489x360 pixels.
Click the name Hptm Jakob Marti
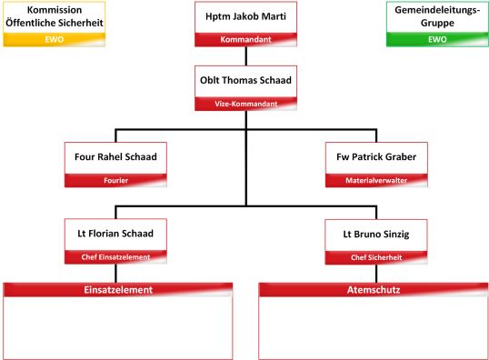[245, 16]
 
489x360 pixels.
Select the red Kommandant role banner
[245, 40]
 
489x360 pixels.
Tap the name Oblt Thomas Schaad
[245, 80]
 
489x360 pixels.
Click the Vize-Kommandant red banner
[245, 104]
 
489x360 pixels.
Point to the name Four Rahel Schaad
[115, 157]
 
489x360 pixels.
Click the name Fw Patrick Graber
[375, 157]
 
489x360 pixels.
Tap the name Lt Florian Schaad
[115, 235]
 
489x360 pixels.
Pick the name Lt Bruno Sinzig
[375, 235]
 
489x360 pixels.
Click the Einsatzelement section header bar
[116, 290]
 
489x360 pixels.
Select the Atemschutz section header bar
[374, 290]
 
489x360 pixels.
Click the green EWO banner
[436, 40]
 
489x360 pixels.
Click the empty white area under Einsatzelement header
[116, 327]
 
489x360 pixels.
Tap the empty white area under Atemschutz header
[374, 327]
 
